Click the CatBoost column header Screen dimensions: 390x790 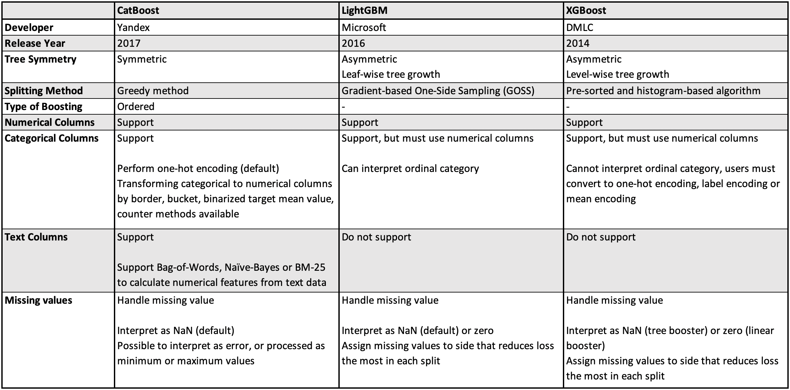(138, 11)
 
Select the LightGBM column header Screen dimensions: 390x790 (364, 11)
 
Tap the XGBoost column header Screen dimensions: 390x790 (586, 11)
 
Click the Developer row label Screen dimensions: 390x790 (29, 27)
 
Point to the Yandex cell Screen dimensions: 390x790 (133, 27)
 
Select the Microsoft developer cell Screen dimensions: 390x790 (364, 27)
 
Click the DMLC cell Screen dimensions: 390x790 (580, 27)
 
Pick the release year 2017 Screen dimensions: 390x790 (129, 43)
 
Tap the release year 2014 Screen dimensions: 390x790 (578, 43)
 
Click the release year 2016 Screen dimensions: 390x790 (353, 43)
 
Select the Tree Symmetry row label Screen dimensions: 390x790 (40, 59)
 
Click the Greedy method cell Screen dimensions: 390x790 (153, 91)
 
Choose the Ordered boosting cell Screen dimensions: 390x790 (136, 106)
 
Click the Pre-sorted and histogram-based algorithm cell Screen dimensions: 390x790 (663, 91)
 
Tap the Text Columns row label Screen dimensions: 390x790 (36, 237)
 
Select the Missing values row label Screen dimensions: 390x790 (39, 300)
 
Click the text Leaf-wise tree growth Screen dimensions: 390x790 (391, 74)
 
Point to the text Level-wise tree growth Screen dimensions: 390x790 (618, 74)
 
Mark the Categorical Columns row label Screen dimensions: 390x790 (52, 138)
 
